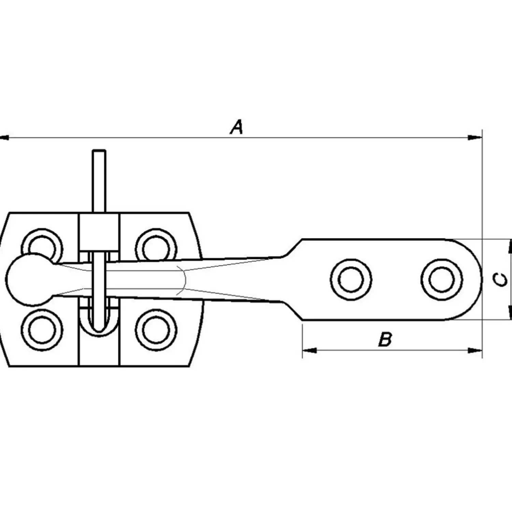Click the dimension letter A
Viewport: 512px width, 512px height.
pos(237,127)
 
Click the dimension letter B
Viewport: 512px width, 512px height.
pos(385,340)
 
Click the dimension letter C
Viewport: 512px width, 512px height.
pos(500,280)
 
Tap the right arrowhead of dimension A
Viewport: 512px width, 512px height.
pos(475,138)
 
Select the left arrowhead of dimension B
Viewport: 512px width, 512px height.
pos(310,350)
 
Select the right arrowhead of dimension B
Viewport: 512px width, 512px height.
pos(475,350)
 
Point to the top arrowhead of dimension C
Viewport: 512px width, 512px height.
pos(510,246)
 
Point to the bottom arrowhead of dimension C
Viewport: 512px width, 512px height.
pos(510,313)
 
